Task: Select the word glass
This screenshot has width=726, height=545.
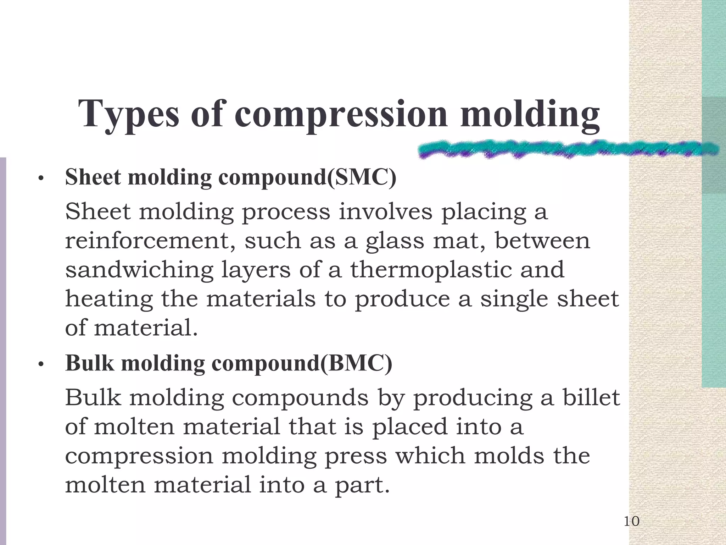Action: (x=395, y=241)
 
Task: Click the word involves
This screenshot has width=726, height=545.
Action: (x=385, y=212)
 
